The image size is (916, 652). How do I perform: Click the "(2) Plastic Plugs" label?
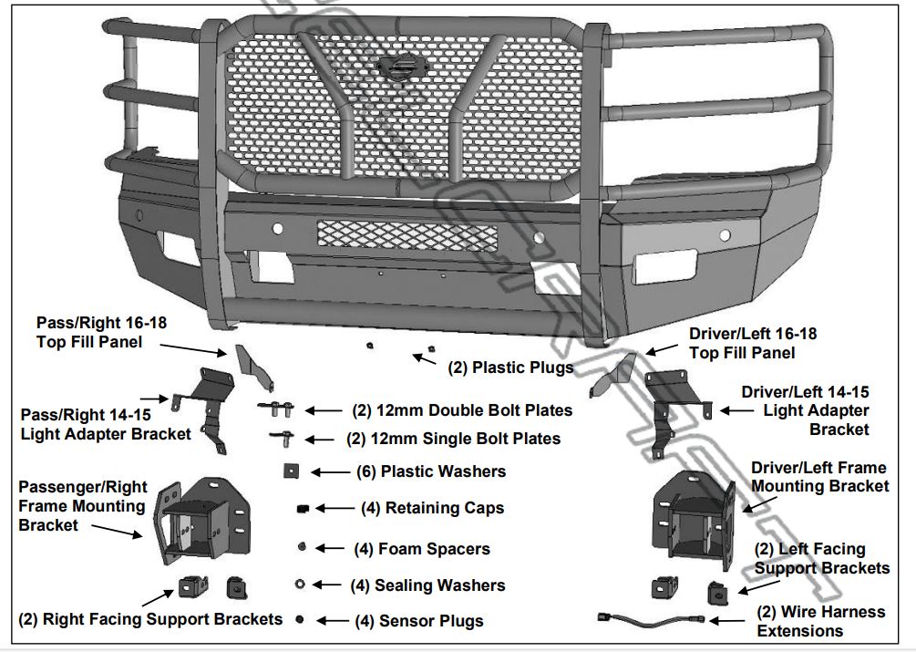[510, 367]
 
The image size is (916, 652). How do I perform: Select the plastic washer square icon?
[291, 471]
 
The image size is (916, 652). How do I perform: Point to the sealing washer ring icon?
[300, 585]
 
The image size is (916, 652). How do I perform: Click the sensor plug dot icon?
[299, 619]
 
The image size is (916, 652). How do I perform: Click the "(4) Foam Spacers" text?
[421, 549]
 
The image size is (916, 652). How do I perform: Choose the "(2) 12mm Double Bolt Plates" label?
[462, 411]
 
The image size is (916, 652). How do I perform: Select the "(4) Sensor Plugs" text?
[418, 621]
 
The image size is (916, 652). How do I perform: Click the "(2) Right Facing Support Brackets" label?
[150, 619]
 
